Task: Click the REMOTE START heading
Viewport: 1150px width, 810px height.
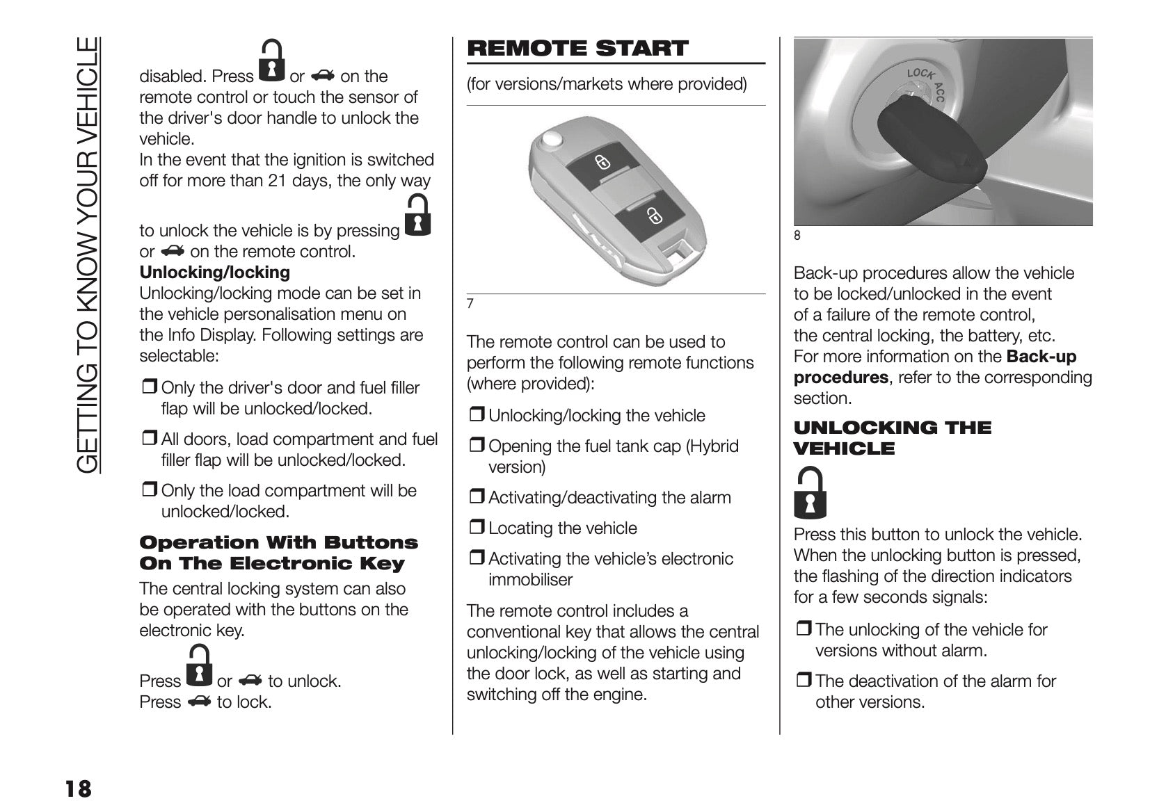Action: [x=577, y=49]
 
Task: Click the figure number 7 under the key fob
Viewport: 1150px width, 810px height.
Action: [x=470, y=304]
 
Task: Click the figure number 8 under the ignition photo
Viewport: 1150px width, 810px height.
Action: [x=797, y=236]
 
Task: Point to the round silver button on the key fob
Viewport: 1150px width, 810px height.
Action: [x=552, y=140]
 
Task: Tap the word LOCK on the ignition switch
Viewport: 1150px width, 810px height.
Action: [x=920, y=74]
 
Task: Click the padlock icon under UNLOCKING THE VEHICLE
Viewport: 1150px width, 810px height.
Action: [x=810, y=493]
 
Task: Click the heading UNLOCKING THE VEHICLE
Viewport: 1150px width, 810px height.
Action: [x=893, y=438]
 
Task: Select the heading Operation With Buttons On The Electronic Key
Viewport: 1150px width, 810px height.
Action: [x=278, y=553]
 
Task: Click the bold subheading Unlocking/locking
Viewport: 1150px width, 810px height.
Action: [x=214, y=273]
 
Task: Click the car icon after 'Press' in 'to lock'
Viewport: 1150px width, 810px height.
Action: [x=198, y=702]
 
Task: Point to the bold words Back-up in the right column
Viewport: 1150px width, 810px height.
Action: [x=1041, y=357]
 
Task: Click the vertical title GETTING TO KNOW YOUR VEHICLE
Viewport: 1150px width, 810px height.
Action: [x=88, y=254]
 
